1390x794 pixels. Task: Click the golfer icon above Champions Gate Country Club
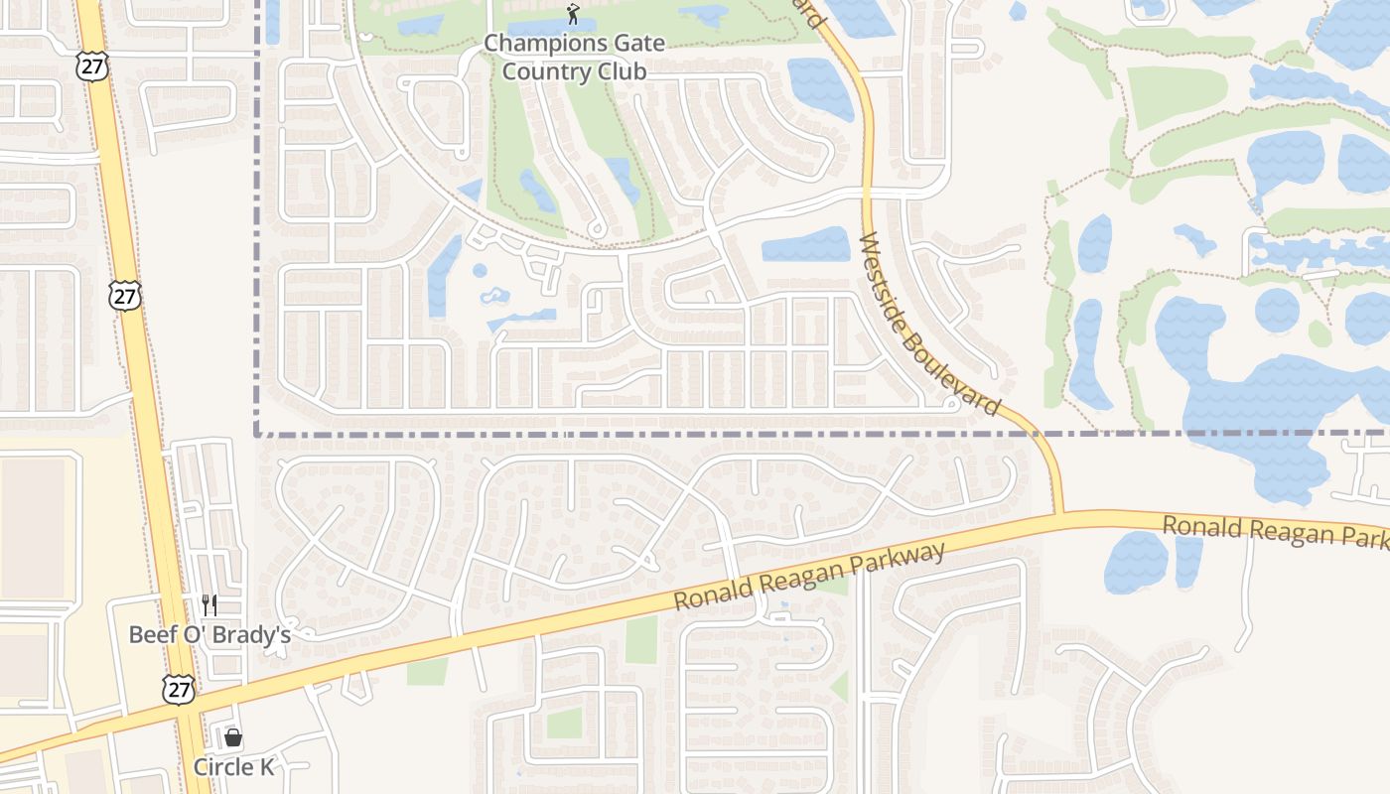point(573,14)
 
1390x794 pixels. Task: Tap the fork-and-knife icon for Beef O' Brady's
point(208,604)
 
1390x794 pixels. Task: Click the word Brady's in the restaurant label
point(256,634)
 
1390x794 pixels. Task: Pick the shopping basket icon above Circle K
point(233,737)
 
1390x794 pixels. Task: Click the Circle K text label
point(233,767)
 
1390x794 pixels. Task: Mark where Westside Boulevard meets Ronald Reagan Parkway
point(1060,515)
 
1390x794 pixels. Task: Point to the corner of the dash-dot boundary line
point(257,434)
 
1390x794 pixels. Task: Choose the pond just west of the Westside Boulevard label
point(805,245)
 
